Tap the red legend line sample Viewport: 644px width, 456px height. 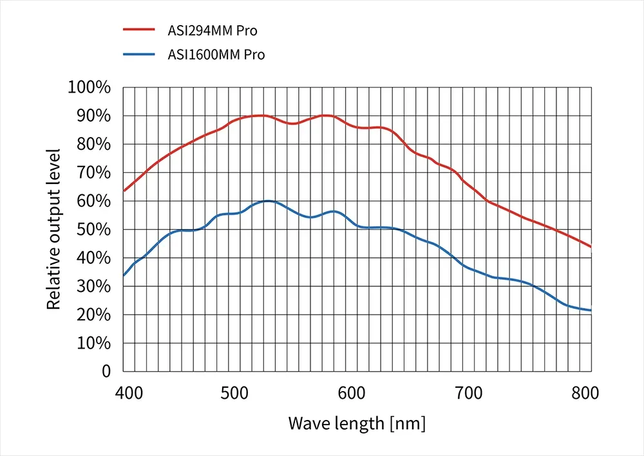[x=139, y=30]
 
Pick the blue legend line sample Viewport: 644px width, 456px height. [x=139, y=54]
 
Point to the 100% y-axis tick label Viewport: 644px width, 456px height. [x=89, y=87]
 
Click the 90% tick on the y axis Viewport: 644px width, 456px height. [x=93, y=116]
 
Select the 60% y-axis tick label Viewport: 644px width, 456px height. [x=93, y=201]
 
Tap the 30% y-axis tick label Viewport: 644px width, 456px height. [x=93, y=286]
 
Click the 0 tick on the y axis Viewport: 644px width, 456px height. [x=106, y=371]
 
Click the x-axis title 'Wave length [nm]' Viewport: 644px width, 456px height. [x=357, y=424]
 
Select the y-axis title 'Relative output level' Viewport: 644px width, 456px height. [x=54, y=229]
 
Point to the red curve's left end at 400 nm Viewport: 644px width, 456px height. [x=124, y=190]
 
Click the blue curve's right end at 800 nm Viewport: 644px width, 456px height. [x=590, y=310]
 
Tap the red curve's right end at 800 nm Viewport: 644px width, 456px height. [x=590, y=246]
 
